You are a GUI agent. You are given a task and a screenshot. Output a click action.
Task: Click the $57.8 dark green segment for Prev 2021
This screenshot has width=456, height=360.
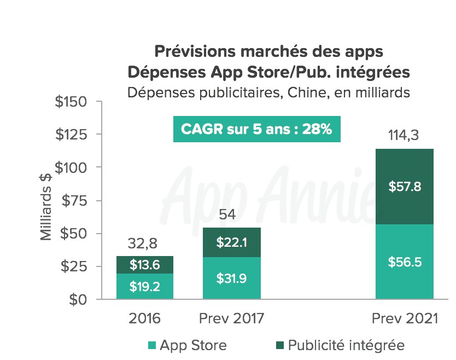coord(405,187)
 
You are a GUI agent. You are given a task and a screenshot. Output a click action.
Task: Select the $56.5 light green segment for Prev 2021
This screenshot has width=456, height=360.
coord(405,262)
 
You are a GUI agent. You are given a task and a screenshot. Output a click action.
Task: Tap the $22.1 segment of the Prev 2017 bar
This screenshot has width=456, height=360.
coord(231,242)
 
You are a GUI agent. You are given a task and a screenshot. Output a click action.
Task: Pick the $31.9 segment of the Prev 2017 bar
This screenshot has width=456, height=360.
coord(231,278)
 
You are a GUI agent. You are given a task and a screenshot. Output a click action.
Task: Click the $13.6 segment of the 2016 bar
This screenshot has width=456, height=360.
coord(145,265)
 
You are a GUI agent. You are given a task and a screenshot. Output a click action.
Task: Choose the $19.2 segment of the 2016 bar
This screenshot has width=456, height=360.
coord(145,286)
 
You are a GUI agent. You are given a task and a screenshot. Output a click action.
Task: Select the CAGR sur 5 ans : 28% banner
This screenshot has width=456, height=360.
coord(256,130)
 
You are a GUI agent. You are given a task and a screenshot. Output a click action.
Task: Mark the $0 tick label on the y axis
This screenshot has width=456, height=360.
coord(81,300)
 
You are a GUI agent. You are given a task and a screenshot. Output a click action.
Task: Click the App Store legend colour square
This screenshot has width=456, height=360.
coord(152,345)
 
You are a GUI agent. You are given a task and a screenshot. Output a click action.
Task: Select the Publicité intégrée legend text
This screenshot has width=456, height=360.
coord(346,345)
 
